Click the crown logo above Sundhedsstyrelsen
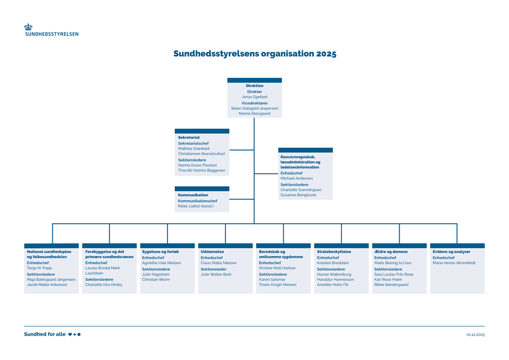pos(28,27)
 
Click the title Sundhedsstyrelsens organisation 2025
pos(254,54)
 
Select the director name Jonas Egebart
pos(254,97)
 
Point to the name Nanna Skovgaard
pos(254,113)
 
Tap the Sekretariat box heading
pos(189,137)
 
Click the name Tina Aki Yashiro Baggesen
pos(201,171)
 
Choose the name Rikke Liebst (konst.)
pos(196,206)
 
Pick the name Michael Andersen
pos(296,179)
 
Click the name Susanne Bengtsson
pos(298,195)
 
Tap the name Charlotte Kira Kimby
pos(103,285)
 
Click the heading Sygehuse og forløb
pos(160,252)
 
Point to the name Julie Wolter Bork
pos(216,275)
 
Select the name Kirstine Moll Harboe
pos(277,268)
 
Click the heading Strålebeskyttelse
pos(334,252)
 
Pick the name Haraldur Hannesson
pos(335,279)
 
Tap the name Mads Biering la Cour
pos(393,263)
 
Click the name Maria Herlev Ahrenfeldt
pos(454,263)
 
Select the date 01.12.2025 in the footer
pos(476,335)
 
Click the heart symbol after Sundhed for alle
pos(71,335)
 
